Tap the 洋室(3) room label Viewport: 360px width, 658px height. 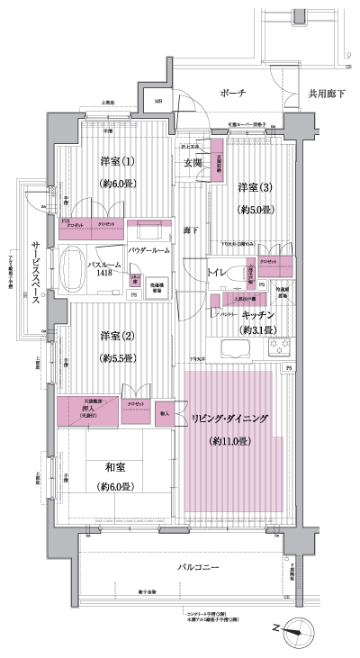click(256, 187)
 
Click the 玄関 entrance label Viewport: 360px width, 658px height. click(193, 163)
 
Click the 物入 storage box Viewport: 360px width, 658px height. click(164, 413)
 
